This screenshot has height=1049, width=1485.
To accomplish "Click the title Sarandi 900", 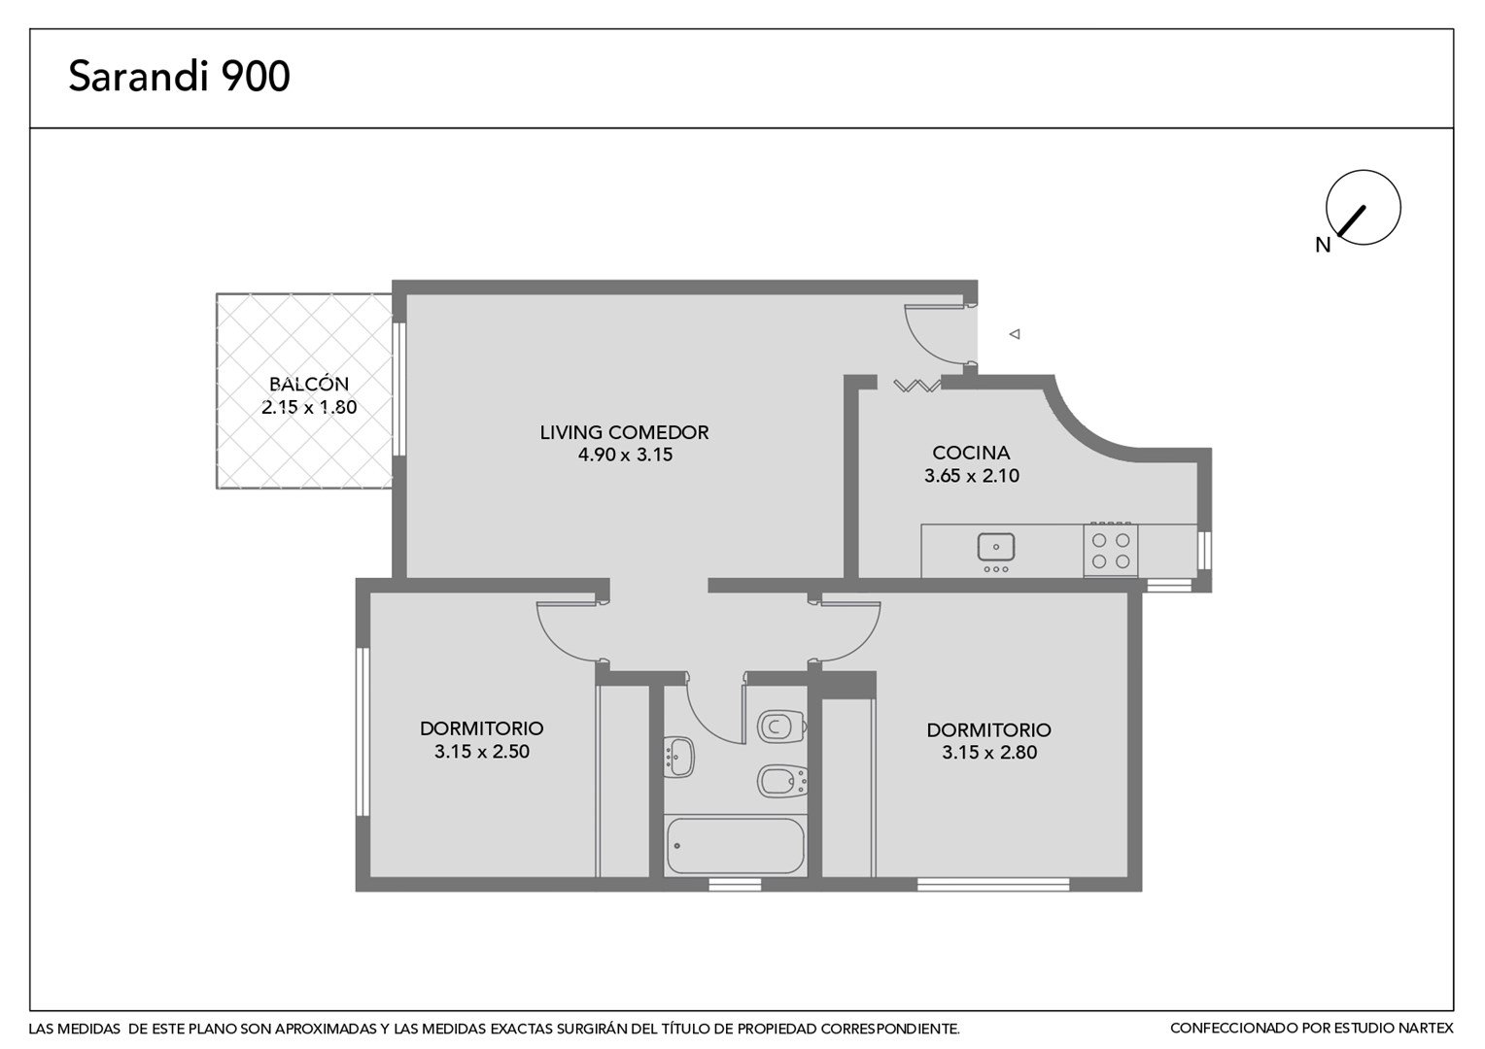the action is point(179,76).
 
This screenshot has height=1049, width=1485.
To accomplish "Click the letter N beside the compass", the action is point(1323,246).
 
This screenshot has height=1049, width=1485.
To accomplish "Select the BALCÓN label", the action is point(309,384).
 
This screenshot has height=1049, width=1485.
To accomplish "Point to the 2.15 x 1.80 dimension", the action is point(309,407).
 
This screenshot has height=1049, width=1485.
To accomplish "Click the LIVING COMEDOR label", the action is point(624,433).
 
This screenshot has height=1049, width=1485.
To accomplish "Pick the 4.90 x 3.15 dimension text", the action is point(625,456).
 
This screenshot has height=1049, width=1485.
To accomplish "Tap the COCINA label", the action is point(971,453).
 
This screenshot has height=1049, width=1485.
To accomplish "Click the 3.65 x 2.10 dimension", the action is point(972,476).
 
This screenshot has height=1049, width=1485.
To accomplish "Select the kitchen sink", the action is point(996,548).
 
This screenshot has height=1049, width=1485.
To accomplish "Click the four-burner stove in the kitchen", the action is point(1111,550).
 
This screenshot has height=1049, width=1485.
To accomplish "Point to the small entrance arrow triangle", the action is point(1015,334).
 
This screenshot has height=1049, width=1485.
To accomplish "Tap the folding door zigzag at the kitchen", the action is point(916,385).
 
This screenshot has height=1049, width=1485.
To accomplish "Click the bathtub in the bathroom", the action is point(735,846).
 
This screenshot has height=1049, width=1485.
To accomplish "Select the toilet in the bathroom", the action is point(782,727).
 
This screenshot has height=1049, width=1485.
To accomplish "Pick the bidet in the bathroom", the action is point(782,781).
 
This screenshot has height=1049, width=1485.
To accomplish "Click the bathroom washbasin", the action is point(679,757).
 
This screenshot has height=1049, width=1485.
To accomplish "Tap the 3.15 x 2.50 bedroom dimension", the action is point(482,752).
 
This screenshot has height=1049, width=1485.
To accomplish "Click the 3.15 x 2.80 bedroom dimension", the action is point(989,752).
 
